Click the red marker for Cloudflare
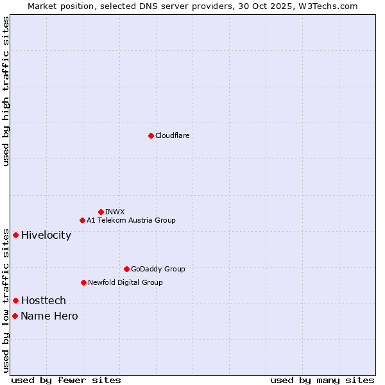click(151, 135)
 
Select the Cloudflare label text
click(173, 135)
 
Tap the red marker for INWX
click(101, 212)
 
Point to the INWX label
click(115, 212)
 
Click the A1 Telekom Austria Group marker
click(82, 220)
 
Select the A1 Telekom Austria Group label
click(131, 220)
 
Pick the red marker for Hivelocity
click(15, 235)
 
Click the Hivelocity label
click(46, 235)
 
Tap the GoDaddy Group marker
click(126, 269)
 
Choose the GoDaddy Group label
click(158, 269)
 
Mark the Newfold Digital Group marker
click(83, 282)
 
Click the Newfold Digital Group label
click(125, 282)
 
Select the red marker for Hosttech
click(15, 300)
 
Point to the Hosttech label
click(44, 301)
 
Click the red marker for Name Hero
click(15, 316)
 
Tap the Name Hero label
click(49, 316)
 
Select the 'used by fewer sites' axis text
click(66, 380)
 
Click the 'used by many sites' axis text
click(322, 380)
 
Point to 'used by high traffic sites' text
click(6, 91)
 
